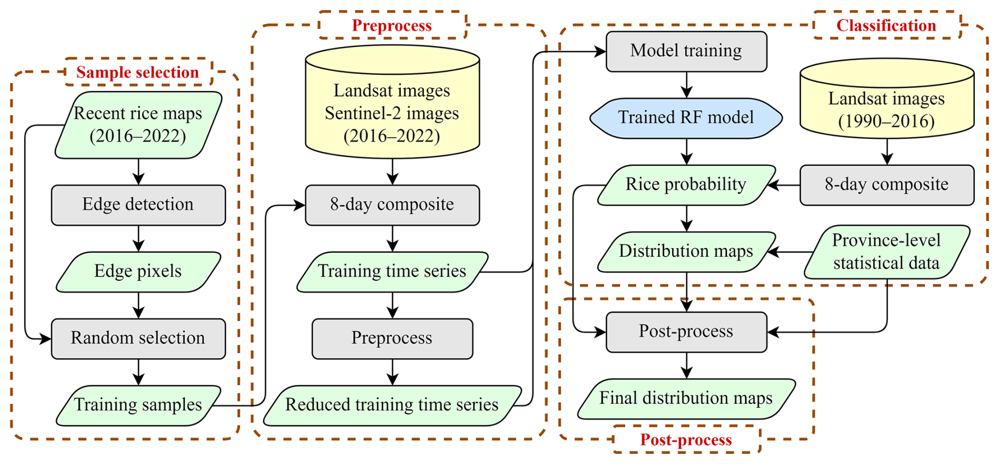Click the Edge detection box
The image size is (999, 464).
tap(138, 205)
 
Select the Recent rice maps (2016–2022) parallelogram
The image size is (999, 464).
tap(138, 125)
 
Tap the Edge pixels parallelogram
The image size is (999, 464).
tap(138, 271)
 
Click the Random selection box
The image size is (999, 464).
tap(138, 338)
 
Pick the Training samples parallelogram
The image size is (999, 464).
tap(138, 405)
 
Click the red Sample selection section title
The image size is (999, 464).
tap(138, 72)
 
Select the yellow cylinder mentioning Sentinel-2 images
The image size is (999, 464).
tap(392, 108)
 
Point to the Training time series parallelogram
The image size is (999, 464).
tap(392, 271)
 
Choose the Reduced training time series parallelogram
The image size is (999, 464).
tap(392, 405)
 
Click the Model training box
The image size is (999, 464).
tap(686, 51)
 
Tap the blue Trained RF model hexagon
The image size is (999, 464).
tap(686, 118)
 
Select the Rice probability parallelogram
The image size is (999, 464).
tap(686, 185)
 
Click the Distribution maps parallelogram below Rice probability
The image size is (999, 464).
tap(686, 251)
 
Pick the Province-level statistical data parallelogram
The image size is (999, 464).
tap(887, 252)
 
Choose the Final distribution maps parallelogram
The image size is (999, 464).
tap(686, 399)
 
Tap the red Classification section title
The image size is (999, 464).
tap(886, 25)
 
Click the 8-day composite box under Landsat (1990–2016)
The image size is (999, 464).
tap(887, 185)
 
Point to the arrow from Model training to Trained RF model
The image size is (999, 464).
tap(686, 84)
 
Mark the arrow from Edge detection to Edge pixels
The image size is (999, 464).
tap(138, 238)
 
